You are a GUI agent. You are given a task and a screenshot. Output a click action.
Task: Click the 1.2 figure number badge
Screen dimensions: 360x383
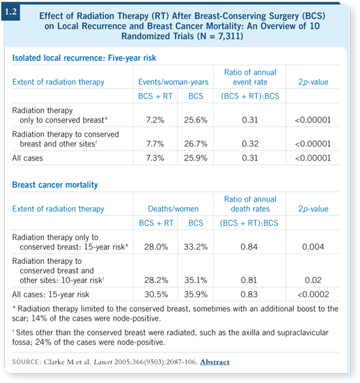(10, 12)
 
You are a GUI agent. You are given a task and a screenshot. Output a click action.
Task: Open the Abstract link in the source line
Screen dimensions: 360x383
(215, 362)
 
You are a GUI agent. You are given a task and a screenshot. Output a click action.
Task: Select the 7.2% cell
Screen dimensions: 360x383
(155, 120)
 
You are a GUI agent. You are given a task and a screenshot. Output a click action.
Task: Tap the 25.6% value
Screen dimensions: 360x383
(196, 120)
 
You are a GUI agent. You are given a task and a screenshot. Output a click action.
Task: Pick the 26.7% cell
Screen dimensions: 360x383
(196, 143)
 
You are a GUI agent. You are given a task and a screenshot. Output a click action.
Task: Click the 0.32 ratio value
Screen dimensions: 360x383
(250, 143)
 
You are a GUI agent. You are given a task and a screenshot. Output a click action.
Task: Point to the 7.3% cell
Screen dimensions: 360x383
(155, 158)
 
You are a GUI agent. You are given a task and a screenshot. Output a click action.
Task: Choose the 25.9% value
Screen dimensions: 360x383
(196, 158)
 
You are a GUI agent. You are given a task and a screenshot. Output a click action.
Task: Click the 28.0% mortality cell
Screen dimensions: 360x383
(156, 247)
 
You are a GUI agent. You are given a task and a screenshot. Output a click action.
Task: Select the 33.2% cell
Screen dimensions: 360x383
(196, 247)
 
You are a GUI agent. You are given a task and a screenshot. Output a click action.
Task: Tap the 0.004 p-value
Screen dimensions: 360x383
(313, 247)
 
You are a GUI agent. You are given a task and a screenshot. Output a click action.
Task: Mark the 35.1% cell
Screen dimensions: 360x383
(196, 280)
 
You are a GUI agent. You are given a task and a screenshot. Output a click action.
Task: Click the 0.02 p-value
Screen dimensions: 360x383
(313, 280)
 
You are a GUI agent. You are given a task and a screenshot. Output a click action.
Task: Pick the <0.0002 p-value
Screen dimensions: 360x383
(313, 295)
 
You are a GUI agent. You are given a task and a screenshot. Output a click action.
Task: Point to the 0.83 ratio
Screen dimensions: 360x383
(249, 295)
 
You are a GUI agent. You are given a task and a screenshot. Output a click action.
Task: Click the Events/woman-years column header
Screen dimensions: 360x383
(173, 82)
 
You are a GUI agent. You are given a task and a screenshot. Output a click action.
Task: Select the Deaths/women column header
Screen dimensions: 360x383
(173, 209)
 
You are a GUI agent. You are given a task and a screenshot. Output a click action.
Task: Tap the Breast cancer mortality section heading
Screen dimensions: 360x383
(55, 185)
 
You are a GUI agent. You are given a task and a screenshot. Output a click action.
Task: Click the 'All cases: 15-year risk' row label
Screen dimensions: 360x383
(50, 295)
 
